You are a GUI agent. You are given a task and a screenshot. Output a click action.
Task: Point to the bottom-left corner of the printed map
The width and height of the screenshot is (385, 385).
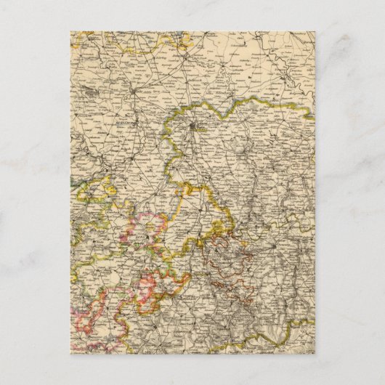click(71, 354)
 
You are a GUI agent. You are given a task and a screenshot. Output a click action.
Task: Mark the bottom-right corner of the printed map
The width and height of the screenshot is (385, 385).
click(315, 354)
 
